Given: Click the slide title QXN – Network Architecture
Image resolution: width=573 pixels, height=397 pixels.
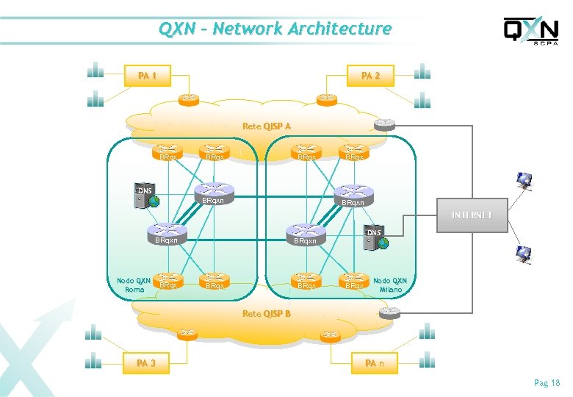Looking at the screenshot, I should coord(275,29).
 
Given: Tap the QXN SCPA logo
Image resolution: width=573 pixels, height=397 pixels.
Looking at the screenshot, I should coord(530,31).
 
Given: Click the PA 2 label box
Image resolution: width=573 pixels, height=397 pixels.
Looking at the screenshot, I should coord(370,76).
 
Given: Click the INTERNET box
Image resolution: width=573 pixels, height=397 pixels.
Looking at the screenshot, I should coord(472,215).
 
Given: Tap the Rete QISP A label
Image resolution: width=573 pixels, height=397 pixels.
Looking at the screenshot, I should coord(266,126).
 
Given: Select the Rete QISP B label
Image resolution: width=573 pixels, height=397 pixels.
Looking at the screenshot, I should coord(266,314).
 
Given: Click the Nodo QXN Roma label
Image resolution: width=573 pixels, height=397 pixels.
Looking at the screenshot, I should coord(134,285).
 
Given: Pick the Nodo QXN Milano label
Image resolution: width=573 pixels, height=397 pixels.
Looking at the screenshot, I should coord(390,285).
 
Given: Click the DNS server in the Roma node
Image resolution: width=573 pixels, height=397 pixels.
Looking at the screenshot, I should coord(141,197).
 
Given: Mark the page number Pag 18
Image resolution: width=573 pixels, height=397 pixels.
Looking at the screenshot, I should coord(547,383).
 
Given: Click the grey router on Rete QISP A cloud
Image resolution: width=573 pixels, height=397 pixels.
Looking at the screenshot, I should coord(383,124).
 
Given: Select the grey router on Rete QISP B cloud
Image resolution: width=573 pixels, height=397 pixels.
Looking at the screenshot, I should coord(389,312).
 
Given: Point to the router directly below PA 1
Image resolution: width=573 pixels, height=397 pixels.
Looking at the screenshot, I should coord(189,97).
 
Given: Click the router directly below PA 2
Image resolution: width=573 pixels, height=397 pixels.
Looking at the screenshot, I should coord(326,97).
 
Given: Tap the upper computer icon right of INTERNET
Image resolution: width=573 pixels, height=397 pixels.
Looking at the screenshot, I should coord(524,179).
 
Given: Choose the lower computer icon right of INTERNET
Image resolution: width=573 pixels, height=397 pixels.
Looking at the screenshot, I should coord(524,254).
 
